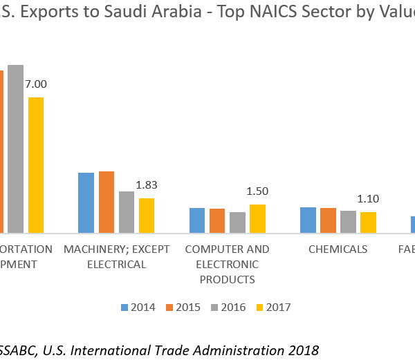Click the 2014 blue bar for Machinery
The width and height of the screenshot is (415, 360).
[x=86, y=202]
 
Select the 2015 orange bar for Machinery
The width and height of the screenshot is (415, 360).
[x=107, y=202]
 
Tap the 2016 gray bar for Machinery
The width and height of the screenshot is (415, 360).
[x=127, y=211]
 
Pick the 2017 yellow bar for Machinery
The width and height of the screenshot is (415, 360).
[x=147, y=215]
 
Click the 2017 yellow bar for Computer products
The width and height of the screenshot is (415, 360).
[x=257, y=218]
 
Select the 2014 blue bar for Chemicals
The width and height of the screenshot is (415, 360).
[x=308, y=220]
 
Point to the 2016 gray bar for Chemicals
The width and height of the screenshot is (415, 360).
[x=349, y=222]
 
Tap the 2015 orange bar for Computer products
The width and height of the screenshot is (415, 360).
[x=217, y=220]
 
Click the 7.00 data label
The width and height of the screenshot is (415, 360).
[x=35, y=84]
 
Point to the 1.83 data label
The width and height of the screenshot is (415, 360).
[x=147, y=185]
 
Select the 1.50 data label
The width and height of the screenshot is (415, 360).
[x=257, y=191]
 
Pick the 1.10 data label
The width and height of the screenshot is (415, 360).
[x=368, y=199]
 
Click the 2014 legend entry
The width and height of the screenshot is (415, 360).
[x=138, y=307]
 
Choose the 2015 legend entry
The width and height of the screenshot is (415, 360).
[x=183, y=307]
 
